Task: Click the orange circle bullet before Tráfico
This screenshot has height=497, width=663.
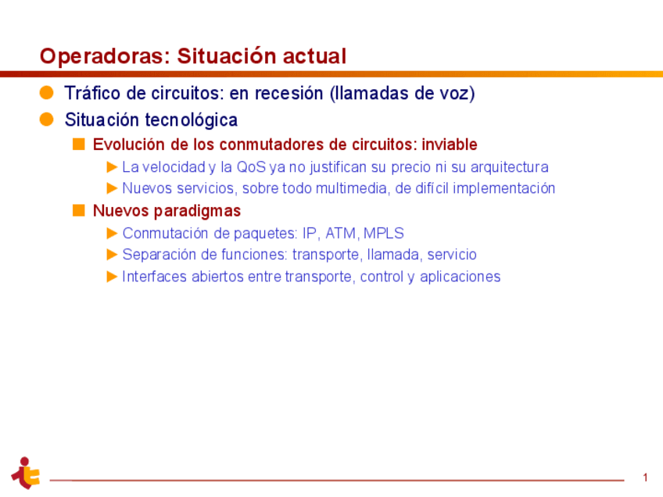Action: [x=47, y=93]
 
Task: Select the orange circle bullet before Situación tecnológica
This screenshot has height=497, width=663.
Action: [x=47, y=120]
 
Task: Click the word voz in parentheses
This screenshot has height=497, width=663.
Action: [x=456, y=94]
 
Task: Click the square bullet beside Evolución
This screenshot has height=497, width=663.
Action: [x=78, y=145]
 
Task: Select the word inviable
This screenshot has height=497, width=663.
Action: [x=449, y=145]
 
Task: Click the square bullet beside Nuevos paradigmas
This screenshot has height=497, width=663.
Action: [x=78, y=211]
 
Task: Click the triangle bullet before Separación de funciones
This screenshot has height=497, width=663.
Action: [x=113, y=255]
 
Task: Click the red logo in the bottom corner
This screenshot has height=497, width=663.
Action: [x=26, y=473]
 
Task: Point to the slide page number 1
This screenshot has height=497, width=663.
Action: [x=646, y=477]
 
